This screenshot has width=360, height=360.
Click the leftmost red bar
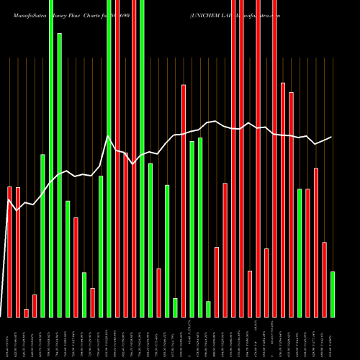(x=9, y=252)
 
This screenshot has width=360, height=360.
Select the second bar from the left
(x=18, y=252)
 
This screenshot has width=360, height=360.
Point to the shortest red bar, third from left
(x=27, y=312)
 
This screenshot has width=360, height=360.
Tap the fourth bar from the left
(x=35, y=305)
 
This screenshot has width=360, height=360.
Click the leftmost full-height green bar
(x=51, y=158)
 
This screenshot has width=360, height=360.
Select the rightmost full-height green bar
(x=142, y=158)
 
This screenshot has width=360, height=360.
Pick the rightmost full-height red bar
(x=274, y=158)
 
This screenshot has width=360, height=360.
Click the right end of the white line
(x=332, y=137)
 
